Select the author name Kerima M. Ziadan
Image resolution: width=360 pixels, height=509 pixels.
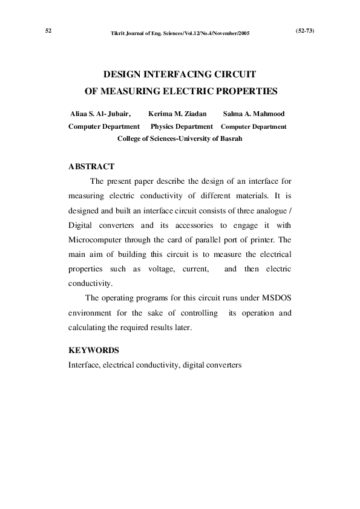(x=177, y=114)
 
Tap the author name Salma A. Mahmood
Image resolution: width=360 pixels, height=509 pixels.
(x=254, y=114)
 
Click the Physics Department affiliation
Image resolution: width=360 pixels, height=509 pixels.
(x=181, y=126)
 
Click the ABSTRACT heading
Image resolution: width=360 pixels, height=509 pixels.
(x=91, y=166)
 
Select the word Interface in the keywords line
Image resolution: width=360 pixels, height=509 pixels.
(x=84, y=365)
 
